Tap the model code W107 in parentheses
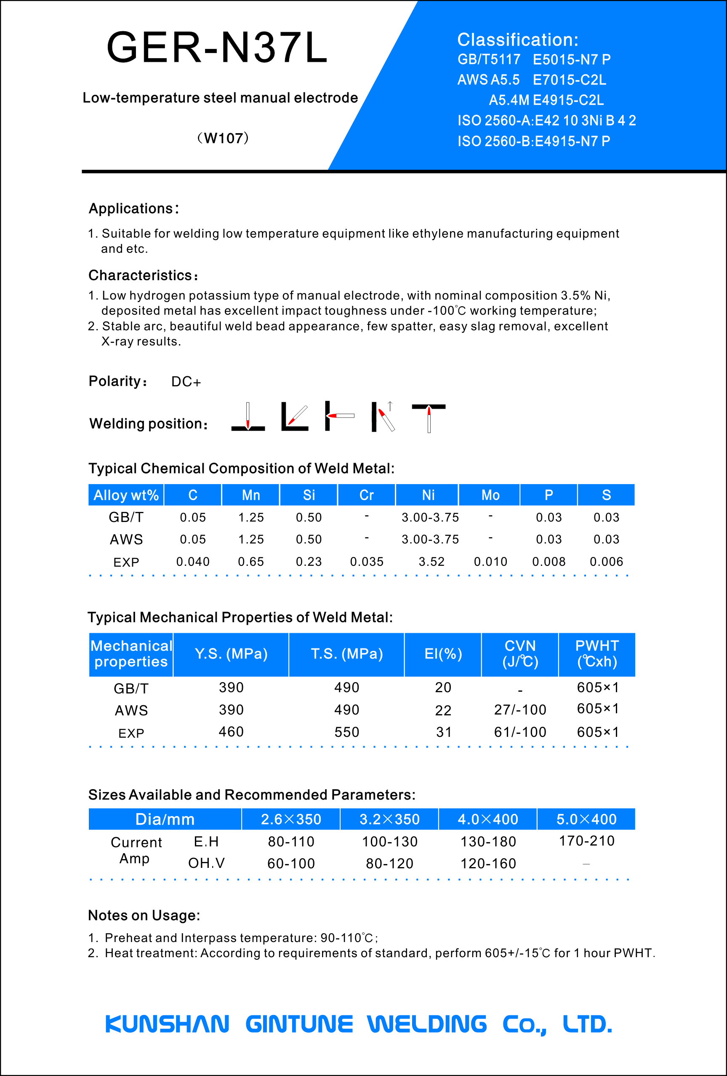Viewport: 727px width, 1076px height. (223, 138)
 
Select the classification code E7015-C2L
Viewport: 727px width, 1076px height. (569, 80)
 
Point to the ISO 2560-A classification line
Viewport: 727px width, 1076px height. (546, 120)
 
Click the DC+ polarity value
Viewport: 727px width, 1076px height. (186, 382)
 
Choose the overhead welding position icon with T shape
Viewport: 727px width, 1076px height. (429, 417)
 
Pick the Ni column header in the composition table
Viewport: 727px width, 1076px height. (428, 495)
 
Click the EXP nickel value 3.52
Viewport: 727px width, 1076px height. (431, 562)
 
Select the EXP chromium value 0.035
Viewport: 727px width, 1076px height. (367, 562)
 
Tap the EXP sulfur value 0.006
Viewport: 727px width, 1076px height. (606, 562)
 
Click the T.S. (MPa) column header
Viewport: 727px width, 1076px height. (346, 654)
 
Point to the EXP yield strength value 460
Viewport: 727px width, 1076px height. (231, 731)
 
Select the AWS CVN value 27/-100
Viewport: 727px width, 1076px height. (520, 709)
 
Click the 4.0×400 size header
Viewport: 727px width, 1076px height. (488, 819)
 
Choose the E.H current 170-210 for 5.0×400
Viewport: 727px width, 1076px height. (586, 841)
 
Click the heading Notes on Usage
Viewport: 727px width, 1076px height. (144, 915)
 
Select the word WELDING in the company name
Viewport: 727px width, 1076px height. (427, 1024)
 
